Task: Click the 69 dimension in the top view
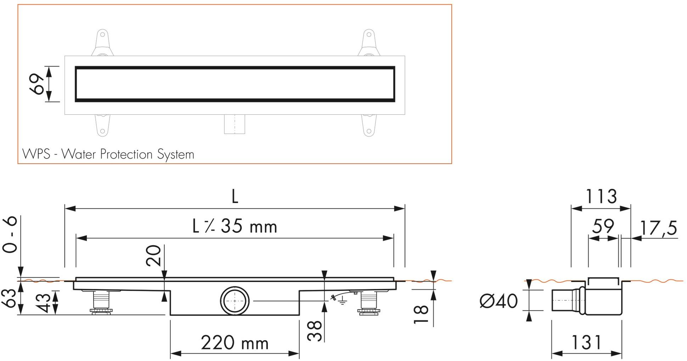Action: (x=37, y=84)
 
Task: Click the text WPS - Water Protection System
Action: (x=108, y=154)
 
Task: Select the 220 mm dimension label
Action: (x=235, y=343)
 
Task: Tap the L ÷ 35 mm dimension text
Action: (x=235, y=226)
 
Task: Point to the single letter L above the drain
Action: (x=235, y=197)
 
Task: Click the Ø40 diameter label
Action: (x=499, y=301)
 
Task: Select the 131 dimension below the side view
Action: (x=586, y=342)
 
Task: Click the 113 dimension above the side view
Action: (x=601, y=197)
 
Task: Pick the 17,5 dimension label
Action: (x=658, y=228)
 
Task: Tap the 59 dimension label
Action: (x=603, y=226)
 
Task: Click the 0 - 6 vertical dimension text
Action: (x=11, y=235)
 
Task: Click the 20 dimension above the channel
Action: (x=153, y=255)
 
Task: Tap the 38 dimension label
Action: (x=314, y=331)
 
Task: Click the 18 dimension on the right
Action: (x=421, y=315)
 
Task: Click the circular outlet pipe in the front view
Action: (x=235, y=300)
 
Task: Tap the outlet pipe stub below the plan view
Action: (x=235, y=124)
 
